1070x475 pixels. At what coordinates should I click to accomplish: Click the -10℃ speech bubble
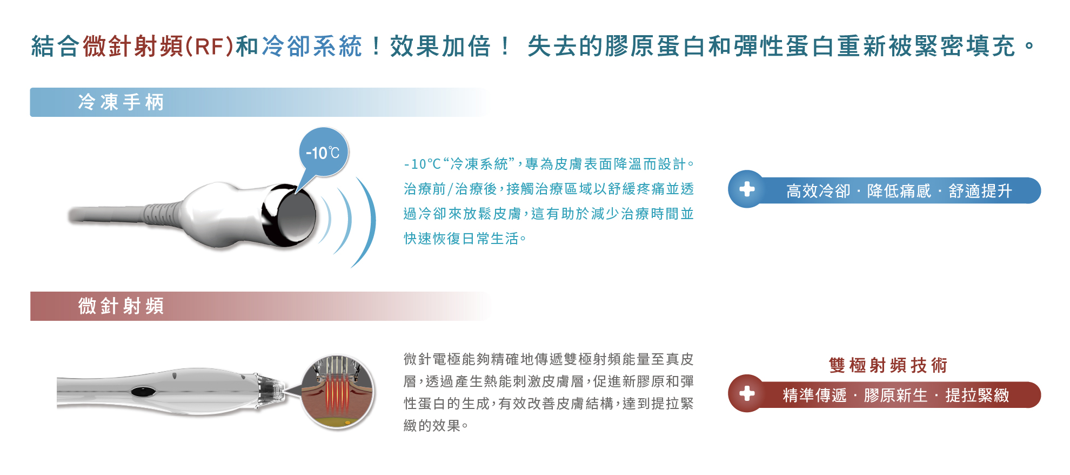pyautogui.click(x=323, y=153)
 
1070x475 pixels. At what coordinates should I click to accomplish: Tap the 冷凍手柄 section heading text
pyautogui.click(x=121, y=102)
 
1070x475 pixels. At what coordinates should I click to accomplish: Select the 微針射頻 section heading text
pyautogui.click(x=121, y=306)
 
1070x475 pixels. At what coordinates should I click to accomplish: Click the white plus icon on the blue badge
pyautogui.click(x=747, y=189)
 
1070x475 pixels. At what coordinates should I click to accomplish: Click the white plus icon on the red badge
pyautogui.click(x=747, y=393)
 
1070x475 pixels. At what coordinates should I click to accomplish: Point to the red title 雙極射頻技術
pyautogui.click(x=888, y=365)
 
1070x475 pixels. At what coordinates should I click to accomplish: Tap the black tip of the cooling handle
pyautogui.click(x=289, y=215)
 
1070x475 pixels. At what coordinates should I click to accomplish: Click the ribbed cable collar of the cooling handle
pyautogui.click(x=164, y=213)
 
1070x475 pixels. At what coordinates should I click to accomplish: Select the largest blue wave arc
pyautogui.click(x=364, y=222)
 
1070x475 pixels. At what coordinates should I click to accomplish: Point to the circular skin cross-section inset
pyautogui.click(x=337, y=392)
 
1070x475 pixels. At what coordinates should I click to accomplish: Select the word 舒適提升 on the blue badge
pyautogui.click(x=980, y=191)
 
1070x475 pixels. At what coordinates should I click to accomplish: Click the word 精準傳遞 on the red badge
pyautogui.click(x=815, y=395)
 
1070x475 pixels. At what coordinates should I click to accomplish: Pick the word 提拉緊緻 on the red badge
pyautogui.click(x=977, y=395)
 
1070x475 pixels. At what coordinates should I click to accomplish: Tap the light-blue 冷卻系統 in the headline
pyautogui.click(x=312, y=47)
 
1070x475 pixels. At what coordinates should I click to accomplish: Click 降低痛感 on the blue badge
pyautogui.click(x=899, y=191)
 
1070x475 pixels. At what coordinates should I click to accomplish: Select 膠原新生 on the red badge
pyautogui.click(x=896, y=395)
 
